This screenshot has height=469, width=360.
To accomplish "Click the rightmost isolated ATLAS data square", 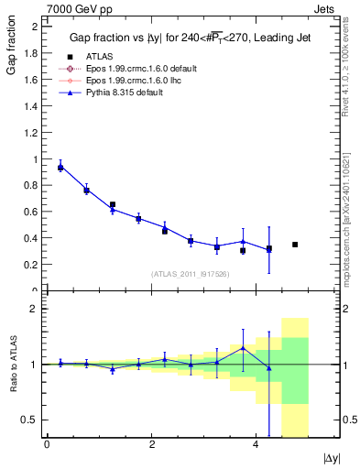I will pos(295,245).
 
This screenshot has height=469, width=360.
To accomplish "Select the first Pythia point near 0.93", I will pos(60,168).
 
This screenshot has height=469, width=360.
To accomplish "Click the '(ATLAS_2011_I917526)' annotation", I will pos(190,274).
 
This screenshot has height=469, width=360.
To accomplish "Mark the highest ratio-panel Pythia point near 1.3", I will pos(243,348).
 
